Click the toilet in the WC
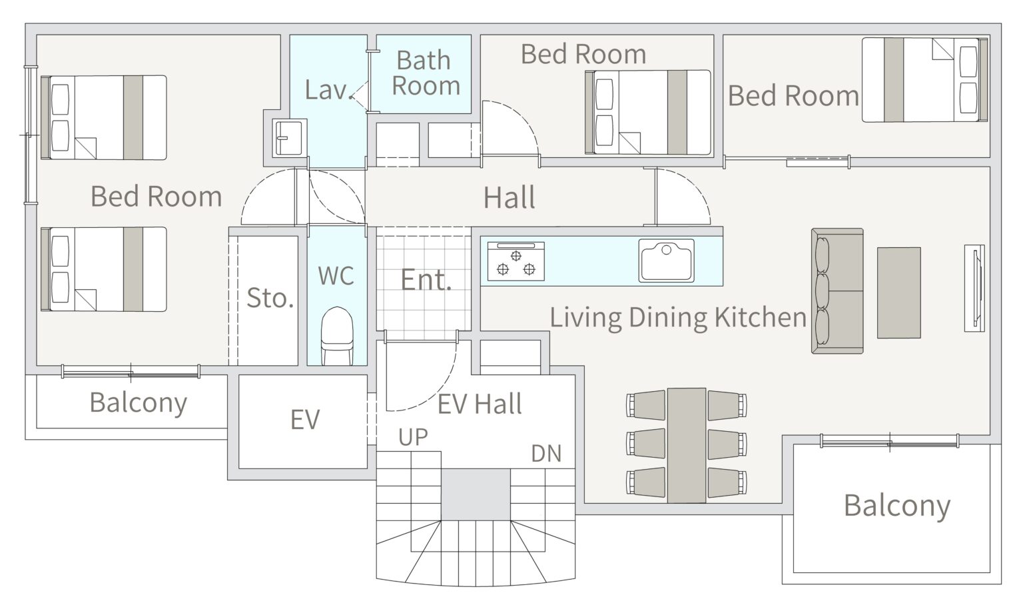pyautogui.click(x=337, y=336)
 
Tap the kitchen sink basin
pyautogui.click(x=666, y=261)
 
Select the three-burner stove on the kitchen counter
pyautogui.click(x=516, y=261)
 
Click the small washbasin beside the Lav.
pyautogui.click(x=289, y=138)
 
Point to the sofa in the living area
pyautogui.click(x=837, y=291)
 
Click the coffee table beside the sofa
pyautogui.click(x=898, y=293)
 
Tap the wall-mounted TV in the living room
pyautogui.click(x=974, y=289)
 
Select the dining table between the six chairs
pyautogui.click(x=687, y=445)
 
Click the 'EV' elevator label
pyautogui.click(x=305, y=419)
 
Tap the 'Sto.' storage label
pyautogui.click(x=270, y=298)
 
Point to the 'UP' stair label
pyautogui.click(x=413, y=437)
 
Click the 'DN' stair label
pyautogui.click(x=546, y=454)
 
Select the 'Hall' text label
pyautogui.click(x=510, y=198)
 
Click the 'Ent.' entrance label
pyautogui.click(x=426, y=280)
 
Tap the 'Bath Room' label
pyautogui.click(x=425, y=73)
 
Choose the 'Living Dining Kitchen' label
pyautogui.click(x=678, y=317)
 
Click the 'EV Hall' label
pyautogui.click(x=480, y=404)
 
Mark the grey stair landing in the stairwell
pyautogui.click(x=476, y=494)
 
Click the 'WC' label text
pyautogui.click(x=336, y=275)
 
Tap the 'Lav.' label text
pyautogui.click(x=328, y=89)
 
